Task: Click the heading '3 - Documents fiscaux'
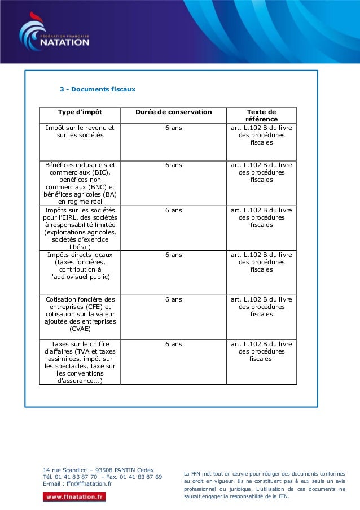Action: (x=98, y=89)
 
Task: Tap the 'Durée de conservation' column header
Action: (x=174, y=112)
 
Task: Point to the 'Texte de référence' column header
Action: (x=261, y=116)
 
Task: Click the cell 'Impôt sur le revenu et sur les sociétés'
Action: (x=80, y=132)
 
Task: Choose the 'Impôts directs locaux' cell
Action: (x=80, y=266)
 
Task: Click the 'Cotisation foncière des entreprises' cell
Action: (x=80, y=314)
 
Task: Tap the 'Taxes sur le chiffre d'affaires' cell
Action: (x=80, y=362)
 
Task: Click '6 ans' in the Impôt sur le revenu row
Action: (x=174, y=128)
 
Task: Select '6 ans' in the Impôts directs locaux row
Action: (x=174, y=255)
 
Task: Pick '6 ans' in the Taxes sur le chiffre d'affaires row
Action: (x=174, y=344)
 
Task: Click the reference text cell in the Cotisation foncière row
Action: (x=261, y=307)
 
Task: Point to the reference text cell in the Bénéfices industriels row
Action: (x=261, y=173)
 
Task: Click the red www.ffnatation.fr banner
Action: (x=74, y=497)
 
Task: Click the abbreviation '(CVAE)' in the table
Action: (x=80, y=329)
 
